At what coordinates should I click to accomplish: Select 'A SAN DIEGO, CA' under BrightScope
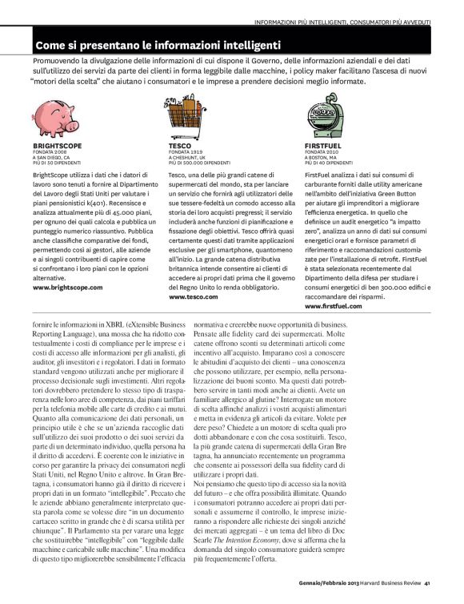[x=52, y=158]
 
